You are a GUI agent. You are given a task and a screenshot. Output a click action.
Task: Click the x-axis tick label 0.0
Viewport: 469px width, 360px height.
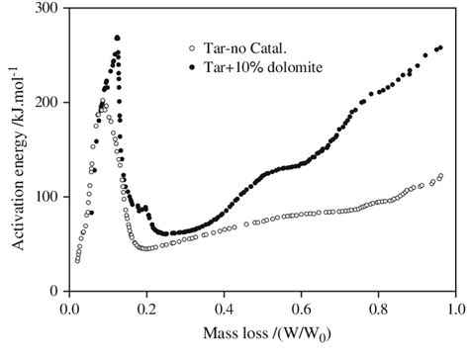[x=69, y=309]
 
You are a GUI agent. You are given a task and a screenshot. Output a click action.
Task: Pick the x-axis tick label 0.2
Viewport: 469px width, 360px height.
[x=146, y=309]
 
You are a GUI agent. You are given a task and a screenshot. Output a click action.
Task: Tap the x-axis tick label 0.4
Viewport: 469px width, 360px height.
[x=224, y=309]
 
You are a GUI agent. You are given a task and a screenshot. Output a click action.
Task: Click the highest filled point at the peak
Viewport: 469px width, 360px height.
[x=117, y=38]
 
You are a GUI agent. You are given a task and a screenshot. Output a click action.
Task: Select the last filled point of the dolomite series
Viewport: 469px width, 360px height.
[x=440, y=47]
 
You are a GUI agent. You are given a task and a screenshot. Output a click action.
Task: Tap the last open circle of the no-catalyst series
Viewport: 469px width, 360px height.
[x=440, y=176]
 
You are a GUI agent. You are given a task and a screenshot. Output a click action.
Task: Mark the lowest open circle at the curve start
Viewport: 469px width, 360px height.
[x=77, y=261]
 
